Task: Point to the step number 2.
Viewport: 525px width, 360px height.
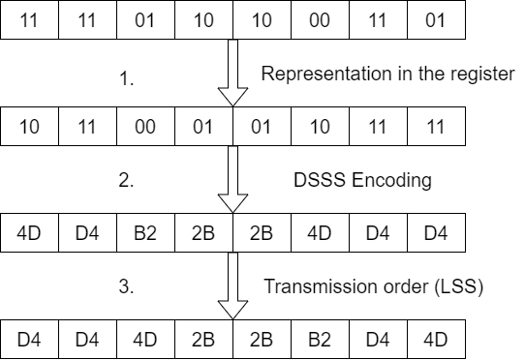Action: click(x=125, y=180)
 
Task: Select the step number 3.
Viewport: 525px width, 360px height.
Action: click(x=125, y=287)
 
